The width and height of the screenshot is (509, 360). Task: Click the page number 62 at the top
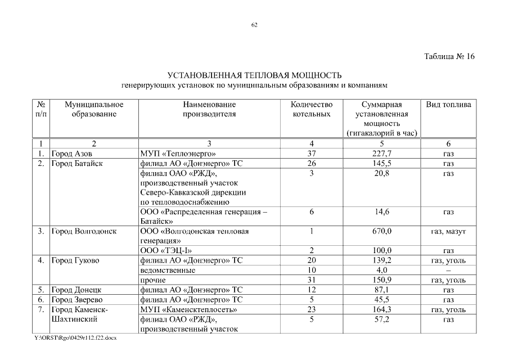[x=254, y=25]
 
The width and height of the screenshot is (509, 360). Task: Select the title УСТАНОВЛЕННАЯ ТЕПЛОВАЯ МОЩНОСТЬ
[x=254, y=75]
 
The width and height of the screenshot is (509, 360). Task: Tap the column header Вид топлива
[x=448, y=105]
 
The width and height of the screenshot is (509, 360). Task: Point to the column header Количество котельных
[x=312, y=109]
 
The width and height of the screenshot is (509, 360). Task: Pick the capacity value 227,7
[x=381, y=153]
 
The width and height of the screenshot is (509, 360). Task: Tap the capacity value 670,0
[x=381, y=231]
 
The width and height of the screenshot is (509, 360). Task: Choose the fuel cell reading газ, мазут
[x=448, y=231]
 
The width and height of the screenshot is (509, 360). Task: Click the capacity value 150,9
[x=381, y=280]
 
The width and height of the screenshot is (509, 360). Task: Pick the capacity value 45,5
[x=381, y=299]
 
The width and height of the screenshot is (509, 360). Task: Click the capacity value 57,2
[x=381, y=319]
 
